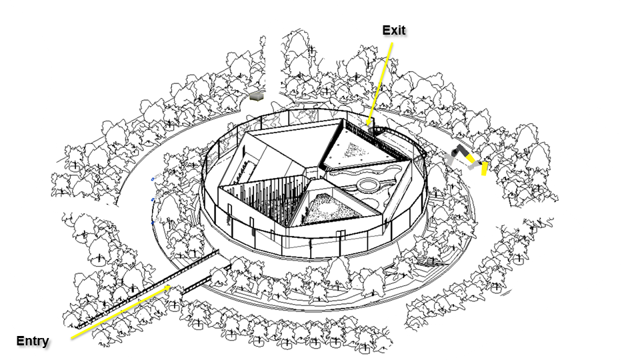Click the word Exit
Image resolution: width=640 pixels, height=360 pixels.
pos(394,30)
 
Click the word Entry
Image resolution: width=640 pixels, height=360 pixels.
pos(33,341)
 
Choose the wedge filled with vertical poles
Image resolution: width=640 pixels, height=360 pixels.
pos(261,196)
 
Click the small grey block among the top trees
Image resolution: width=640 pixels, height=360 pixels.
pos(256,97)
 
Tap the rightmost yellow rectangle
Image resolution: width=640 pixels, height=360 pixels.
pos(484,169)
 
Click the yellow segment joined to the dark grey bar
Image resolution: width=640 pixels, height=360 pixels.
pos(471,159)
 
